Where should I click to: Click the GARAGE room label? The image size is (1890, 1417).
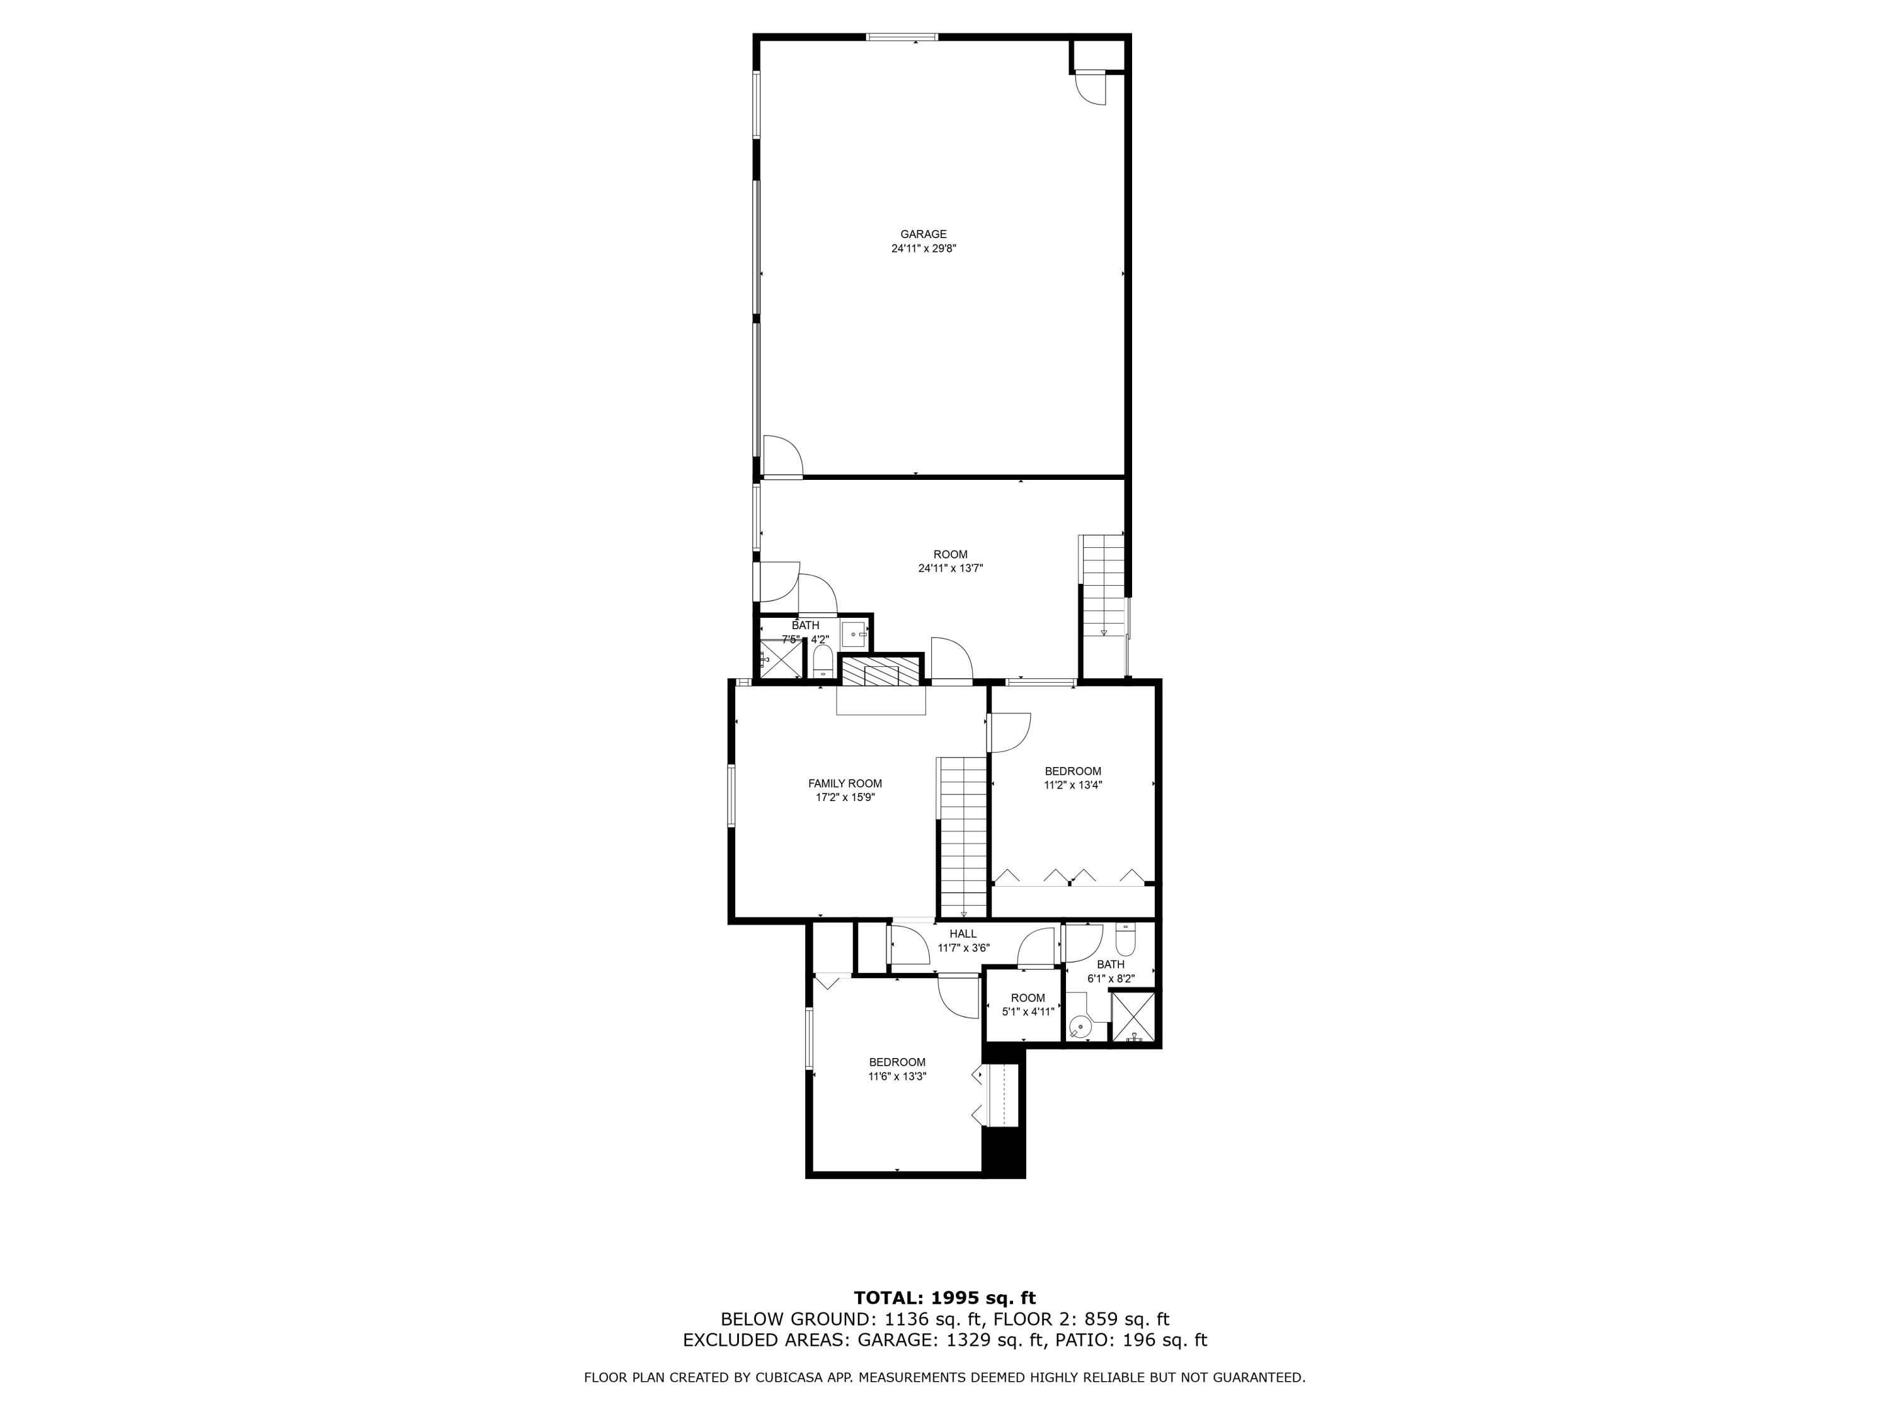[x=923, y=234]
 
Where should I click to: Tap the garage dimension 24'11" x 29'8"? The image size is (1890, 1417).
[x=923, y=249]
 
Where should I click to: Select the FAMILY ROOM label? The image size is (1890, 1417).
[x=845, y=783]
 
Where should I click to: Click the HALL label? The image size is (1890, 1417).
[x=963, y=933]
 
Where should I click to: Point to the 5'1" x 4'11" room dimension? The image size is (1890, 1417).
[x=1028, y=1012]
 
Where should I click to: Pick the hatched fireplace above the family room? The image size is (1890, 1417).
[x=881, y=671]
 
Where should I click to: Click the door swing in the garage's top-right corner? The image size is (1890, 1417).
[x=1091, y=89]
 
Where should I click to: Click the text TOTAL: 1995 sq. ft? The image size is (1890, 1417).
[x=944, y=1298]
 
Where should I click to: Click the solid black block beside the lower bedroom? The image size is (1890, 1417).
[x=1003, y=1152]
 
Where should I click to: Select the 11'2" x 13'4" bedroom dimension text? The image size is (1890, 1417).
[x=1072, y=785]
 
